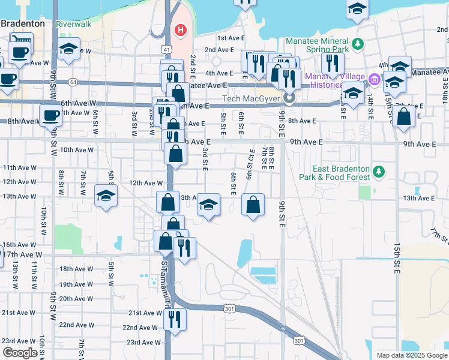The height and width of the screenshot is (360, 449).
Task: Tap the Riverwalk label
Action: (74, 25)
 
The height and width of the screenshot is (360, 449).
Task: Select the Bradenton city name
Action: (23, 23)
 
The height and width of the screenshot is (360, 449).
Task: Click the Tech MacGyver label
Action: (252, 98)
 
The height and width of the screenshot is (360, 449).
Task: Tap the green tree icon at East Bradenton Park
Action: (378, 172)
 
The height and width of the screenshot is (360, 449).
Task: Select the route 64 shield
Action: (73, 81)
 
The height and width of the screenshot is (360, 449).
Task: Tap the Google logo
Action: (20, 353)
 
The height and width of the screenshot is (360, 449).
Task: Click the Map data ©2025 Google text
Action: (411, 355)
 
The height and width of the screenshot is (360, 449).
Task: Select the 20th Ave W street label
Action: (76, 299)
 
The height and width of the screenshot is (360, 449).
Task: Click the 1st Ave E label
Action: (231, 38)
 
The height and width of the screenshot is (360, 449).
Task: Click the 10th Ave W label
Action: (76, 150)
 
